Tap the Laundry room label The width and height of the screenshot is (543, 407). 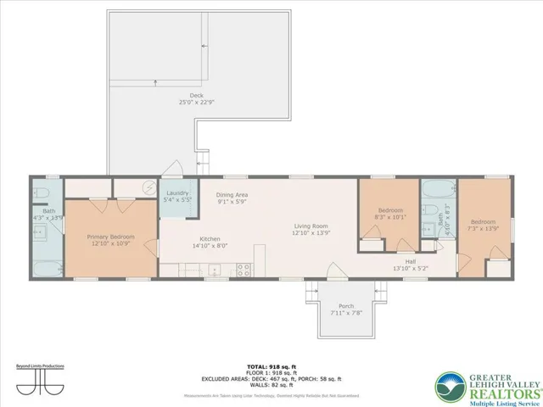(x=177, y=194)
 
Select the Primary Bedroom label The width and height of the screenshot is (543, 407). (x=112, y=237)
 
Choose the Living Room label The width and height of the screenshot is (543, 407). (x=311, y=226)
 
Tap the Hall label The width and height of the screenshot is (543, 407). (x=411, y=262)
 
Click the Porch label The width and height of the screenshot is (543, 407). (x=346, y=306)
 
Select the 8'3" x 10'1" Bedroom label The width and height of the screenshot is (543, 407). (x=390, y=209)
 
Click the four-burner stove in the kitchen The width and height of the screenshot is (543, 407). (x=243, y=270)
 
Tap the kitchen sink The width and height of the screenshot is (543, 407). (x=214, y=270)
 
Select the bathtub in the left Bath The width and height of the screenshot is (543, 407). (x=47, y=269)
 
